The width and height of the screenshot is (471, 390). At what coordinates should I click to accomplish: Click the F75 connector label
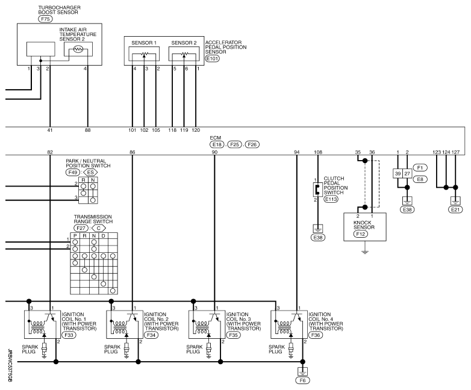[45, 19]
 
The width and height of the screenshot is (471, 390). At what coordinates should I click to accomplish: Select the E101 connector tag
[213, 58]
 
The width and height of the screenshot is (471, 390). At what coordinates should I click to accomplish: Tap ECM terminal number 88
[87, 130]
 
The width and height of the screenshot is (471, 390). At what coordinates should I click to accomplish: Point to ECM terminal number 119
[184, 130]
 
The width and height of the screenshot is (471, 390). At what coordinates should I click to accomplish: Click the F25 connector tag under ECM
[235, 144]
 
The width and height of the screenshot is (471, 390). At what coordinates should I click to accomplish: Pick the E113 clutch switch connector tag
[331, 199]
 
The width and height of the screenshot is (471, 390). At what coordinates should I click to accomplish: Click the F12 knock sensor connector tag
[360, 234]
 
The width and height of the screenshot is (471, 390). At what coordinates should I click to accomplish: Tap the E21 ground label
[455, 209]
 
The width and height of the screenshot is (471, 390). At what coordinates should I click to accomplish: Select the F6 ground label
[302, 380]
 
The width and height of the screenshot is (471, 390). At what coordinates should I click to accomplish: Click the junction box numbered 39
[398, 173]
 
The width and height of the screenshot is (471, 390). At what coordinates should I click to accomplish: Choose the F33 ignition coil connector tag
[69, 335]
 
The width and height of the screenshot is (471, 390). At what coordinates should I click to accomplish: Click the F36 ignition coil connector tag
[316, 335]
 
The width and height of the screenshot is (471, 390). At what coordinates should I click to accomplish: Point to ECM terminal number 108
[318, 152]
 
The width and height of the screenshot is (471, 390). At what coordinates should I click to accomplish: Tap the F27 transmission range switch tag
[81, 228]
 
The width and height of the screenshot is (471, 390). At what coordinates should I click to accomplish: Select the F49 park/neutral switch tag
[73, 172]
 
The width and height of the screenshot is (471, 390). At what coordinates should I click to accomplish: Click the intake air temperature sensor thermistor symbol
[78, 49]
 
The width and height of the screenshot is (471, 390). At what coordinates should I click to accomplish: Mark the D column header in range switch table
[104, 236]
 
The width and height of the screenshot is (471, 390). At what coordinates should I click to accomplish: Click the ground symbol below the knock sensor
[365, 252]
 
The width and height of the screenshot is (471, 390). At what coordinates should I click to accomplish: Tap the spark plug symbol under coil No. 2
[126, 350]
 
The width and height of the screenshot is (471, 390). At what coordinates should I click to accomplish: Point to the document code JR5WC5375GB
[10, 365]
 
